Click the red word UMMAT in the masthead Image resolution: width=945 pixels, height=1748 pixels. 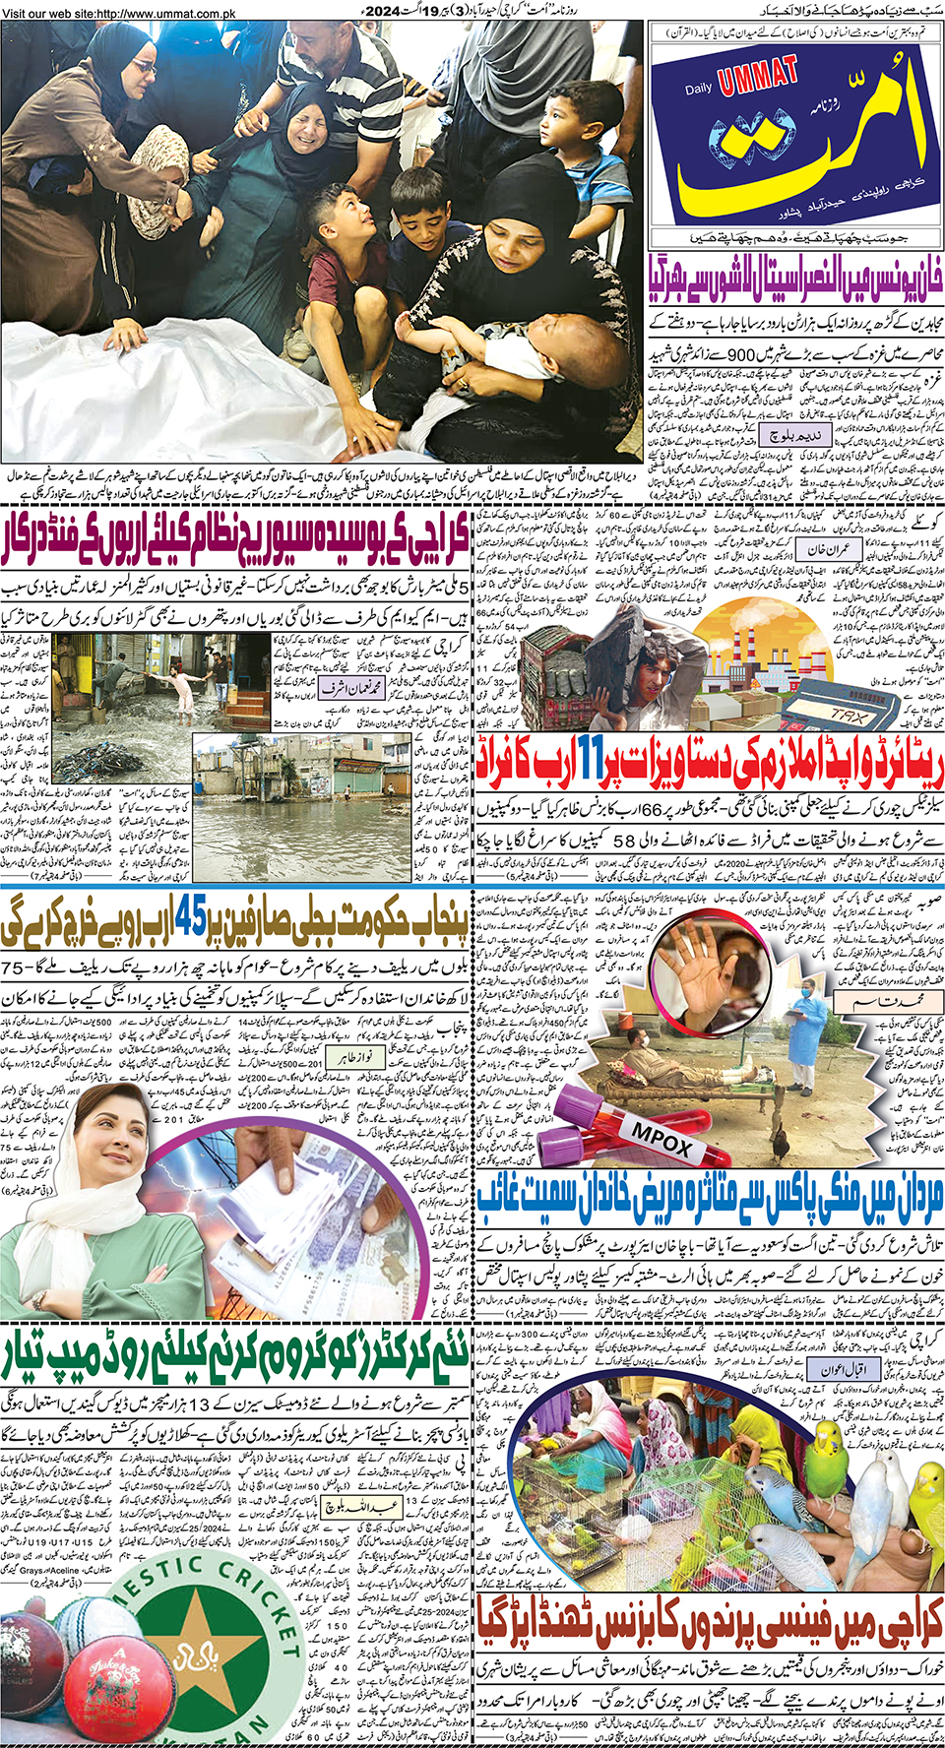click(758, 76)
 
